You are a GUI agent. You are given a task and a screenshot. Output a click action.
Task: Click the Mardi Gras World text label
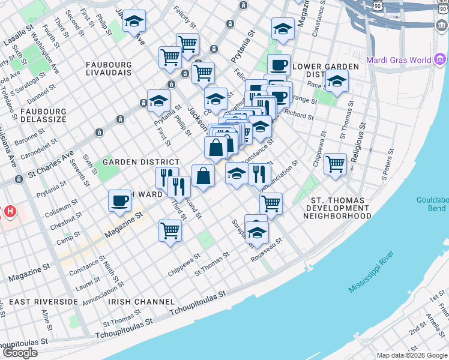point(399,60)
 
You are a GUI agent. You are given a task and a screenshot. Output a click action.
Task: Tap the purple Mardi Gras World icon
point(441,60)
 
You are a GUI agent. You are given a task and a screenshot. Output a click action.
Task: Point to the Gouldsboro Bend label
point(432,204)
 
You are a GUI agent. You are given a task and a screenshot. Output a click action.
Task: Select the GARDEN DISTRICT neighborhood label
point(140,162)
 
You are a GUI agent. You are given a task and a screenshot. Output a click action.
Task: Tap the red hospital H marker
point(10,211)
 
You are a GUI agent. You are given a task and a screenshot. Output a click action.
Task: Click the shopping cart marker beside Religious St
point(336,163)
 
